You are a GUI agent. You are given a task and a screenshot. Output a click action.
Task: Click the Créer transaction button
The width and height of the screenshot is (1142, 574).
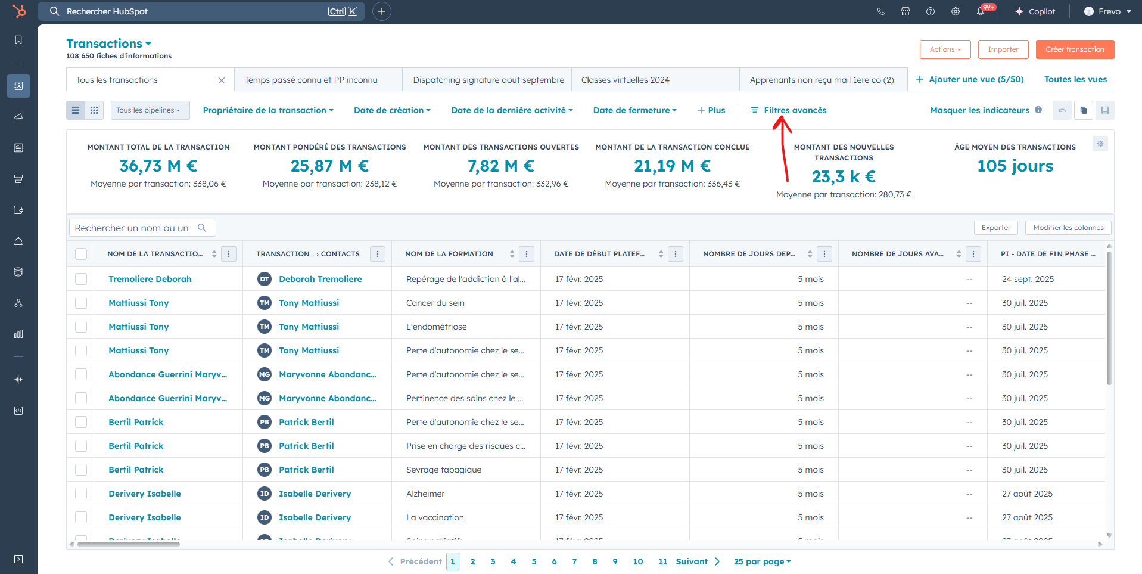[1075, 49]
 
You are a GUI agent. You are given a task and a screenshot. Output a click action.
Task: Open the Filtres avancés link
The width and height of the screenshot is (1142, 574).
[789, 110]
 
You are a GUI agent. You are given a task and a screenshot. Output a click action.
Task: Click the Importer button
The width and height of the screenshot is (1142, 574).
[1003, 49]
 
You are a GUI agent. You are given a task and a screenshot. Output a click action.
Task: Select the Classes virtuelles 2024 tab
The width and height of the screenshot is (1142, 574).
[626, 80]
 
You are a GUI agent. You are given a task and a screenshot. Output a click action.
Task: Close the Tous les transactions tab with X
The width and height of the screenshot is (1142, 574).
[222, 80]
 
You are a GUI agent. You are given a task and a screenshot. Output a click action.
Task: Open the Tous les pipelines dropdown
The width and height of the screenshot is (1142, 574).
[150, 110]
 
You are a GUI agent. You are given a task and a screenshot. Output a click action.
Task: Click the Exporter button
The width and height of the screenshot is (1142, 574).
[996, 228]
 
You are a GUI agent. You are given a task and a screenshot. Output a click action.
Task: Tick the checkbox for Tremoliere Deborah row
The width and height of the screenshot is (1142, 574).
[81, 279]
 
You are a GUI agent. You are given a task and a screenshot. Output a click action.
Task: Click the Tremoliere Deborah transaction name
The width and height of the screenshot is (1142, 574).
[150, 279]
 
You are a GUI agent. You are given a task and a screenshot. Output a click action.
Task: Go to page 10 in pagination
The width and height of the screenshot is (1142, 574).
[638, 561]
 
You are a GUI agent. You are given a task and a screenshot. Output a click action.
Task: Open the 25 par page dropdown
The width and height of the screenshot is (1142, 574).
[763, 561]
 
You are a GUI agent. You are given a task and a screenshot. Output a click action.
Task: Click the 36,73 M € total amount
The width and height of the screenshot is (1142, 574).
[158, 166]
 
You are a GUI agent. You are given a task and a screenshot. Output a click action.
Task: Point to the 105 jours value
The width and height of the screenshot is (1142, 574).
[1015, 166]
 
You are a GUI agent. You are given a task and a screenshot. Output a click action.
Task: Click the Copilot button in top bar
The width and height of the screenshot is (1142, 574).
[1035, 11]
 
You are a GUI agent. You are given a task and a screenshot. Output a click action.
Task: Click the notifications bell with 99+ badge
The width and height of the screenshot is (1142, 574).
[981, 11]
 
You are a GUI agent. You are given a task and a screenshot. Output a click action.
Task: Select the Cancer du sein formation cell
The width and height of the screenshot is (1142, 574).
[435, 303]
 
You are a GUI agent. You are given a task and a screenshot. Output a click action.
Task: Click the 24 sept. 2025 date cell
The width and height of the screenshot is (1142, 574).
[1028, 279]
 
